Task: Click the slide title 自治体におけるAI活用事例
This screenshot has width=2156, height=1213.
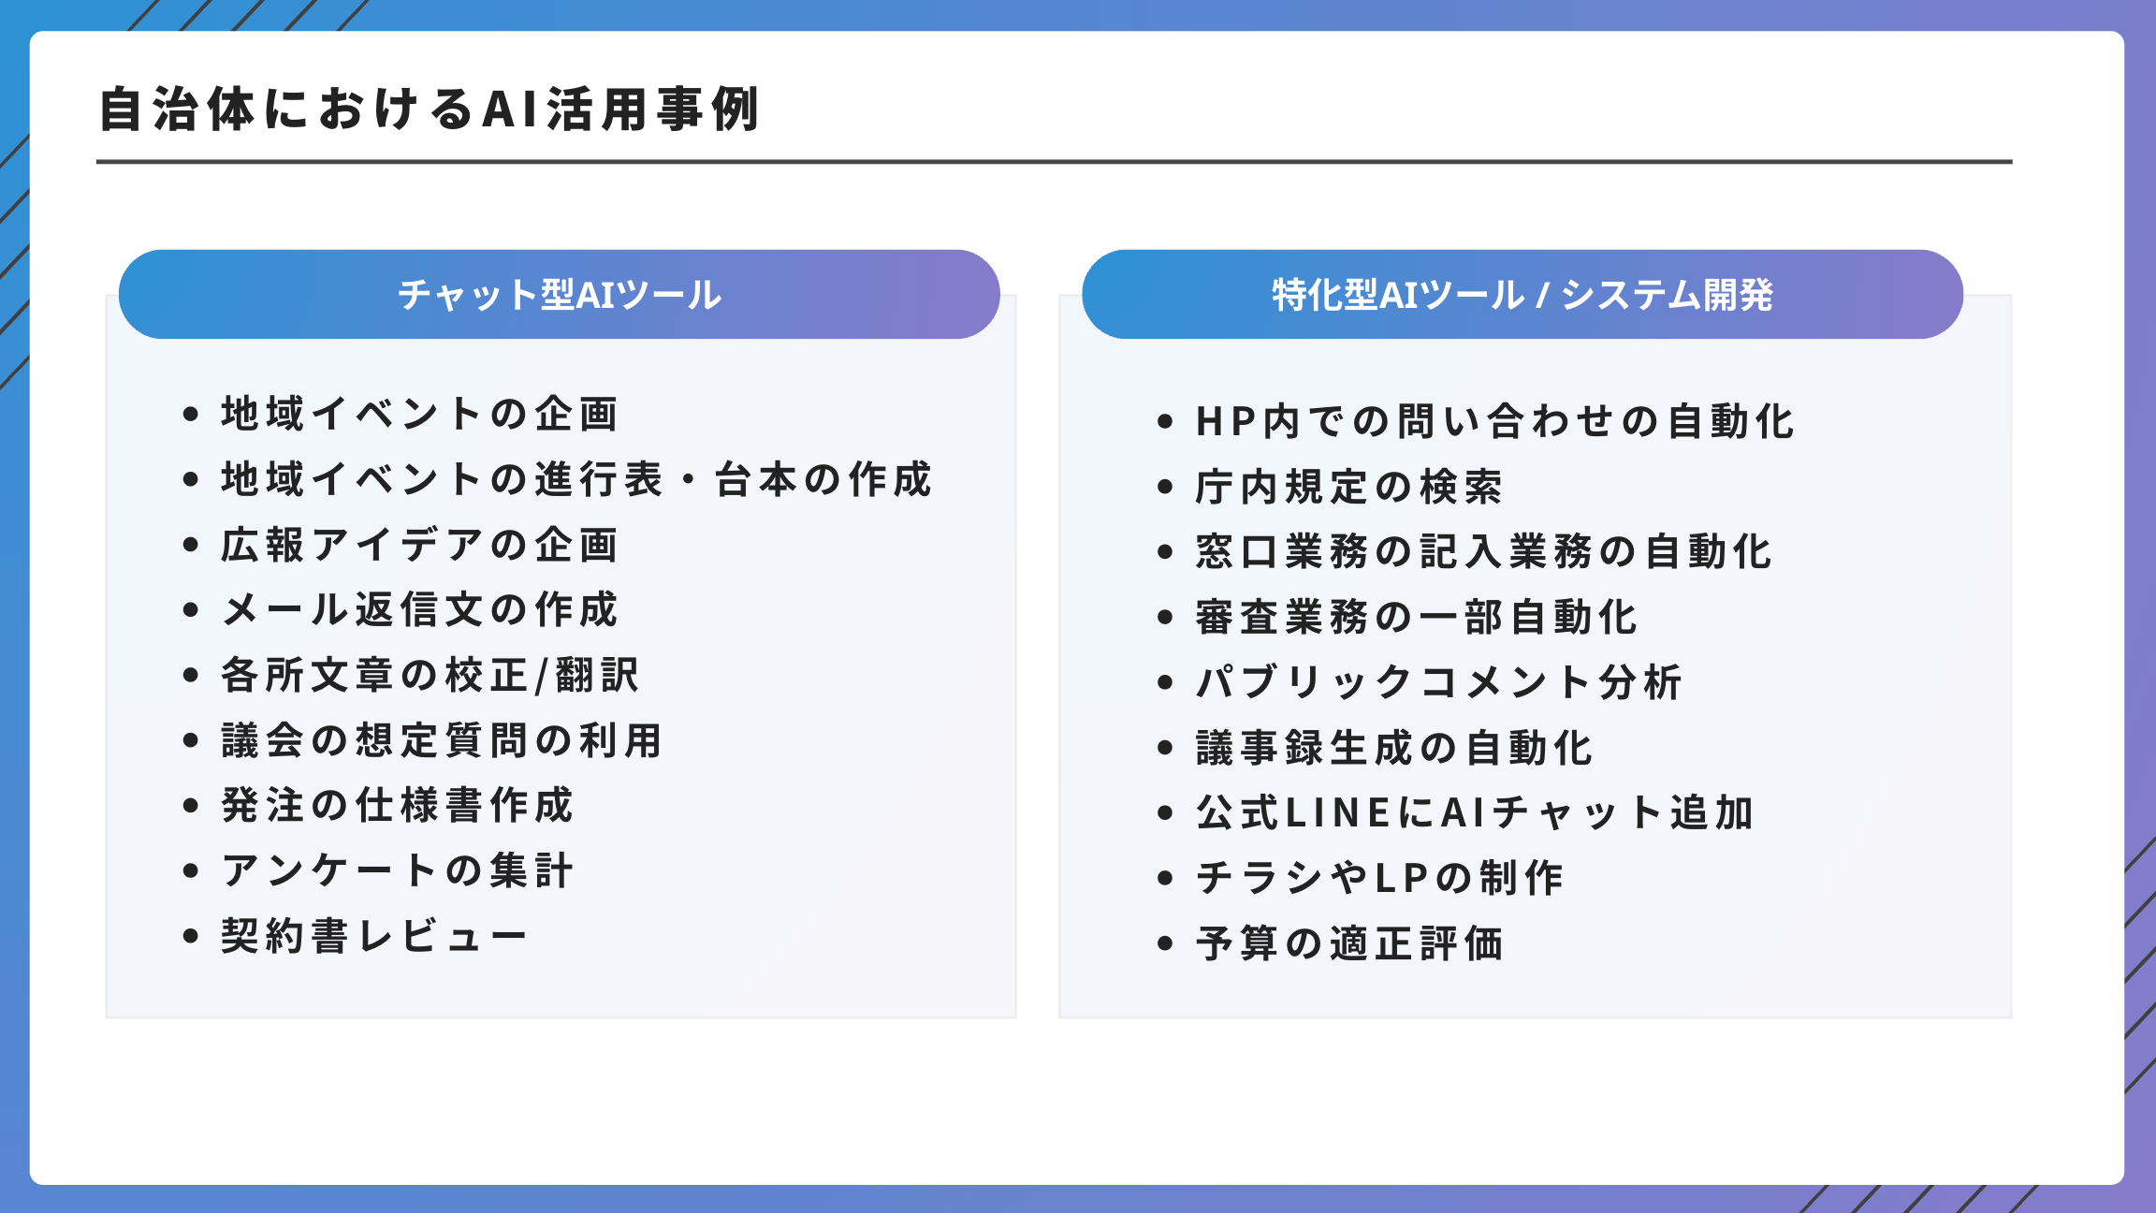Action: tap(429, 110)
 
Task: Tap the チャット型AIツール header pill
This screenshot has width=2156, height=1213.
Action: tap(559, 295)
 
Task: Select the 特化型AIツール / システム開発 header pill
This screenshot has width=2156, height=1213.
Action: tap(1522, 295)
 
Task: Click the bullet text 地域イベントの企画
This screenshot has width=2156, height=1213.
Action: tap(419, 414)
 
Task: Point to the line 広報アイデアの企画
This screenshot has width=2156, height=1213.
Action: tap(419, 545)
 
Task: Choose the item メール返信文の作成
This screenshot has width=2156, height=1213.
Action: tap(419, 610)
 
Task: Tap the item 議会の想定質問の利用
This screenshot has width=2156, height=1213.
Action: tap(442, 740)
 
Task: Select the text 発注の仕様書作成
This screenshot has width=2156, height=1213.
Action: tap(397, 805)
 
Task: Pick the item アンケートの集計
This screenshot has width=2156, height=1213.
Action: tap(397, 870)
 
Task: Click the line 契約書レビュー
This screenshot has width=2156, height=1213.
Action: tap(374, 936)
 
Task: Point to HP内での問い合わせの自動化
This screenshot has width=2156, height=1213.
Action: tap(1494, 421)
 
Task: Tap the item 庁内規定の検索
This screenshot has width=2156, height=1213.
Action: tap(1348, 487)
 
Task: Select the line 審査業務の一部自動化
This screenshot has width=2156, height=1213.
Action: tap(1416, 617)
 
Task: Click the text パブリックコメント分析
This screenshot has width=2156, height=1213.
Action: tap(1438, 682)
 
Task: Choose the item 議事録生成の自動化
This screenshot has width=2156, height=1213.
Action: tap(1393, 748)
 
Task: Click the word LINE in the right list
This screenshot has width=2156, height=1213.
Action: tap(1339, 812)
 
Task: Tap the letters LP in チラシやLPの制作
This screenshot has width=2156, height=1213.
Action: tap(1400, 878)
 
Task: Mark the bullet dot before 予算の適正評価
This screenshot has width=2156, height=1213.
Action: tap(1165, 943)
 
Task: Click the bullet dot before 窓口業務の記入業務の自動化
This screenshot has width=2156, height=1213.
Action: tap(1165, 551)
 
